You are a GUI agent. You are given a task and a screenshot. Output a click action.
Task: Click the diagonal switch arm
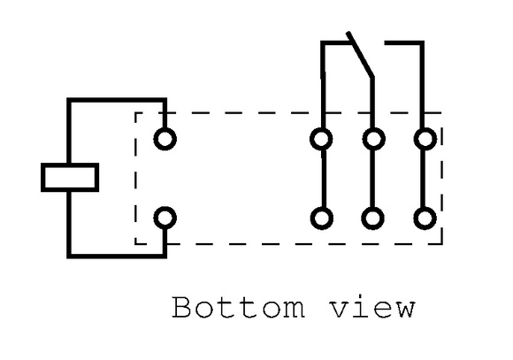[360, 55]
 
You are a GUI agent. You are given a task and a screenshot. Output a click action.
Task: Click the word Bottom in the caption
[239, 307]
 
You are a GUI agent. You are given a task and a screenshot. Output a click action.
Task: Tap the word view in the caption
[372, 307]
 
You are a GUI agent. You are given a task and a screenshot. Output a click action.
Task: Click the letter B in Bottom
[181, 307]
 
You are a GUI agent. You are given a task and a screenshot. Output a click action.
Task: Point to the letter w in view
[404, 310]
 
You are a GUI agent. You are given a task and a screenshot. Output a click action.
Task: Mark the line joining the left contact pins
[324, 179]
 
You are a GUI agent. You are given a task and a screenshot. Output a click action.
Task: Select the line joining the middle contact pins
[372, 179]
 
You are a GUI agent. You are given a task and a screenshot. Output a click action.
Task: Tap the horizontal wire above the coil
[117, 100]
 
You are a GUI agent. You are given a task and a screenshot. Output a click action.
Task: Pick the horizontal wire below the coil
[117, 256]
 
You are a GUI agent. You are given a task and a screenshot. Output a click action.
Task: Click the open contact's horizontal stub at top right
[404, 42]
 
